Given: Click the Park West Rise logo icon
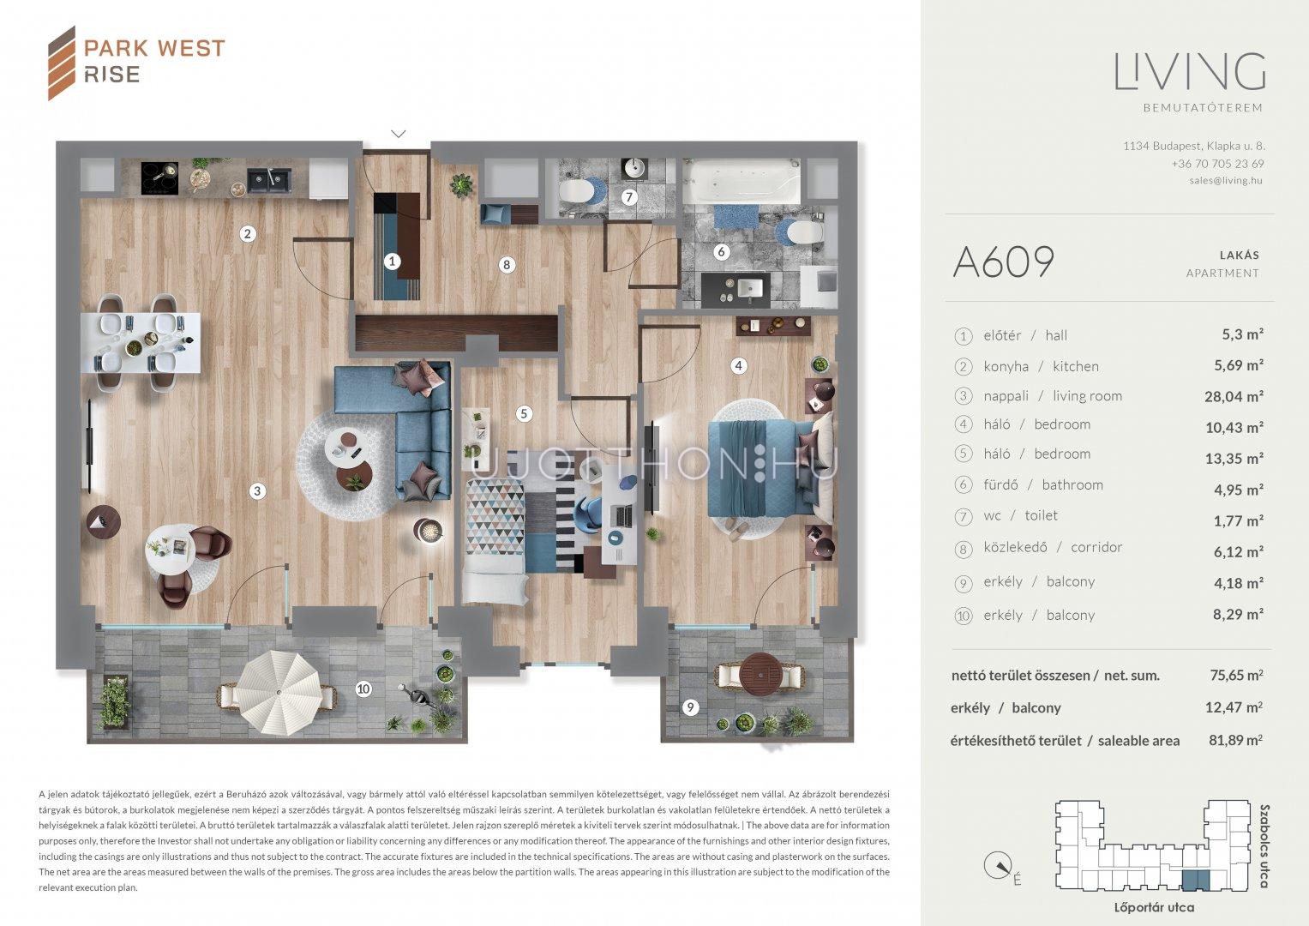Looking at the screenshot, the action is (62, 63).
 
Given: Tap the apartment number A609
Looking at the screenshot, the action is (1003, 262).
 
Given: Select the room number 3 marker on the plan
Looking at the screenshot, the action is (257, 491).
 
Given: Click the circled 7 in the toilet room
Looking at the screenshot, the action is (629, 197).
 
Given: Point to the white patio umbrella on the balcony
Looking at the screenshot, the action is (279, 694).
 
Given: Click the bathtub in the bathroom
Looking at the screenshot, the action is (742, 181).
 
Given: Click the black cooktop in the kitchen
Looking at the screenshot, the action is (159, 177).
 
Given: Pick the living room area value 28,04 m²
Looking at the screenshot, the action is (1234, 396).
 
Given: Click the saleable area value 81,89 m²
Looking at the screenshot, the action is (1235, 740).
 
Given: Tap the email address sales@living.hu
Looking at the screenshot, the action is (1226, 181).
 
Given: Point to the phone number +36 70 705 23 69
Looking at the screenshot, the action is (1217, 164).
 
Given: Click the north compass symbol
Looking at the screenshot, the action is (999, 866).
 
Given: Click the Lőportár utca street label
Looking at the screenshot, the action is (1154, 908).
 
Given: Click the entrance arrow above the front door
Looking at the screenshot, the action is (399, 134).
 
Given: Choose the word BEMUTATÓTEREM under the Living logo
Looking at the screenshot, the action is (1203, 108).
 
